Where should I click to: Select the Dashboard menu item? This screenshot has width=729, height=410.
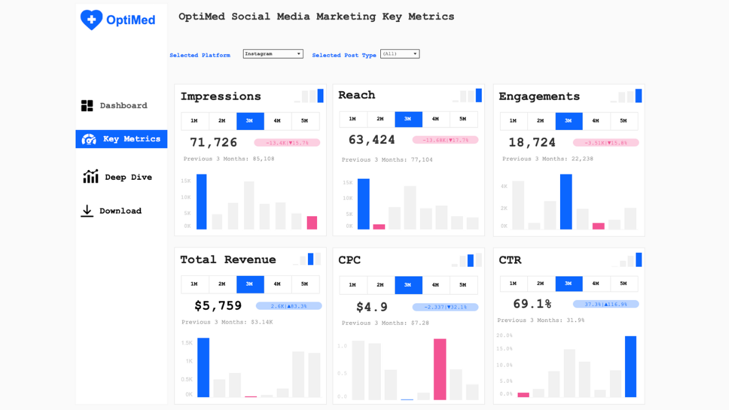pyautogui.click(x=114, y=106)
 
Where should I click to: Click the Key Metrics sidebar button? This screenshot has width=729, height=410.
pyautogui.click(x=122, y=139)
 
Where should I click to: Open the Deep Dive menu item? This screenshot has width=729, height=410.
pyautogui.click(x=117, y=177)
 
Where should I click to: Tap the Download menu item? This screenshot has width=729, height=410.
pyautogui.click(x=112, y=211)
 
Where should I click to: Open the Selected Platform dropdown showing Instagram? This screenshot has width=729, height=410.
pyautogui.click(x=273, y=54)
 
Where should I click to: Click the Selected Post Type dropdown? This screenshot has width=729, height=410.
pyautogui.click(x=400, y=54)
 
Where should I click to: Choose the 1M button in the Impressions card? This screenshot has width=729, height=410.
pyautogui.click(x=194, y=121)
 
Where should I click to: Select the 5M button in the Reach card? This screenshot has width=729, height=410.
pyautogui.click(x=463, y=119)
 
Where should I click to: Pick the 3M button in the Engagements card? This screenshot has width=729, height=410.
pyautogui.click(x=569, y=121)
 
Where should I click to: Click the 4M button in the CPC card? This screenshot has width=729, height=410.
pyautogui.click(x=436, y=285)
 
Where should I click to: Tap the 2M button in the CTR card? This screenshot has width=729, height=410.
pyautogui.click(x=541, y=284)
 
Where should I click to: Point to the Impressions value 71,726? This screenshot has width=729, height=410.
pyautogui.click(x=214, y=143)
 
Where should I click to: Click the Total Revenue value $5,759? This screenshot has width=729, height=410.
pyautogui.click(x=218, y=306)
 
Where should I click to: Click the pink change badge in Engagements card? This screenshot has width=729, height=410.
pyautogui.click(x=606, y=143)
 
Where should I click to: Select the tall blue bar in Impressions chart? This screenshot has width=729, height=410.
pyautogui.click(x=202, y=202)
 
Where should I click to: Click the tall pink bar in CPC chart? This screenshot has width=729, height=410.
pyautogui.click(x=440, y=369)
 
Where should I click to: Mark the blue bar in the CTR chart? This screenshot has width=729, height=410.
pyautogui.click(x=631, y=366)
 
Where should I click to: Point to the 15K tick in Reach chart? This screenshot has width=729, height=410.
pyautogui.click(x=347, y=182)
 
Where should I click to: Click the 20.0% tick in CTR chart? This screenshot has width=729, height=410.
pyautogui.click(x=505, y=335)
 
